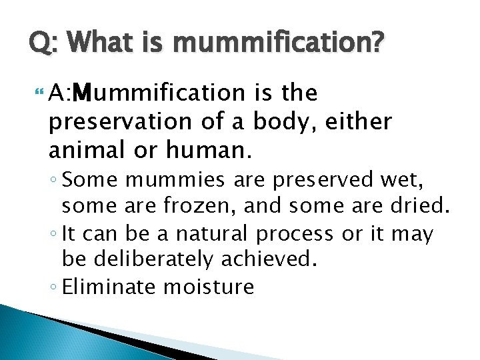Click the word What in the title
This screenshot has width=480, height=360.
97,45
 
